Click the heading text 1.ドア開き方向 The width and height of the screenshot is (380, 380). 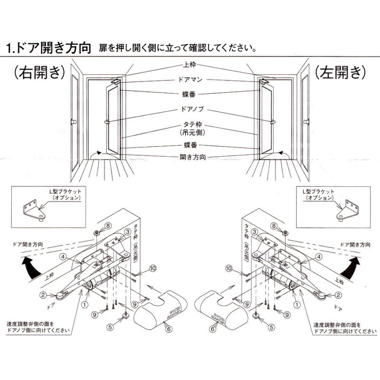49,47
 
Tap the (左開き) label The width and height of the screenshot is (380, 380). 339,72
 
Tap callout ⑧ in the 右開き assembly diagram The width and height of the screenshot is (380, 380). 97,225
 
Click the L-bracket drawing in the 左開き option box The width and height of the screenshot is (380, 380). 349,210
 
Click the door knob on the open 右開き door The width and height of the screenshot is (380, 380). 108,122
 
